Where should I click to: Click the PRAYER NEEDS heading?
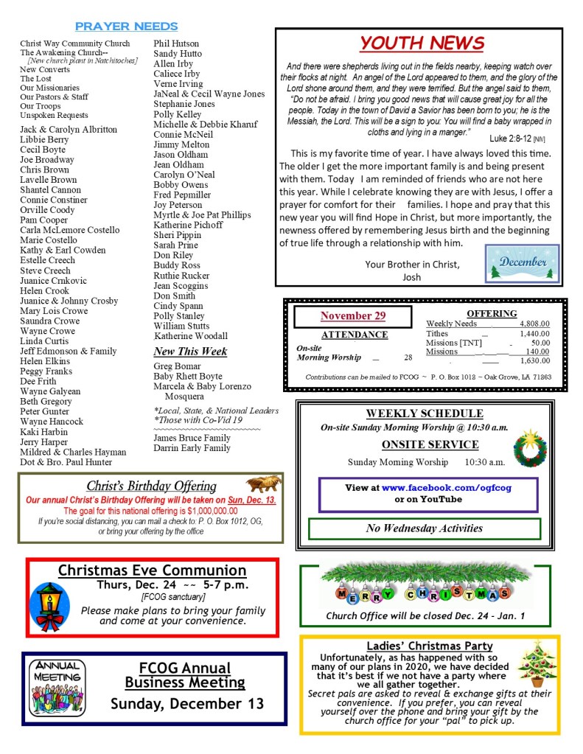pos(126,27)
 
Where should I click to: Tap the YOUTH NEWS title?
pos(421,43)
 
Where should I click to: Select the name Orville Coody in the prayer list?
pos(47,210)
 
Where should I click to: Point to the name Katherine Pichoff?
pos(188,225)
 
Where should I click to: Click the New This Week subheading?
pos(190,352)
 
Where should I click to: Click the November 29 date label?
pos(352,315)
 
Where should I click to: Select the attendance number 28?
pos(408,357)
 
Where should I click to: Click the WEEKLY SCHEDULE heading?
pos(425,413)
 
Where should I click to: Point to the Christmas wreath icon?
pos(530,448)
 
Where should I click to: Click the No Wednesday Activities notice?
pos(425,528)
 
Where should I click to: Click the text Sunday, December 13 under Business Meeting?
pos(187,703)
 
